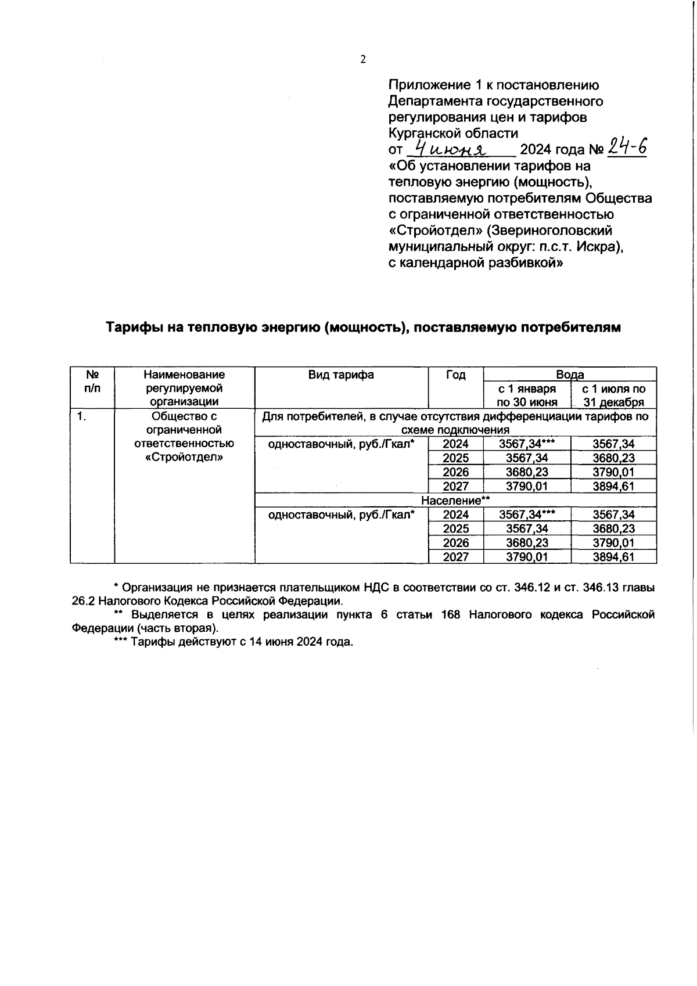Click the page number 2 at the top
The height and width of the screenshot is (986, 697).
[363, 59]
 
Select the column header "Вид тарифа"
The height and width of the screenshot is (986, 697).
[341, 375]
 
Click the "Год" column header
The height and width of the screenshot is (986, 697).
[455, 375]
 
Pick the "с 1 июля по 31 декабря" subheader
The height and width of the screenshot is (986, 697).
[613, 395]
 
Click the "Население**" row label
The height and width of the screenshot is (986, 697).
[456, 500]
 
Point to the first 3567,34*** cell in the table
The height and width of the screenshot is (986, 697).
[526, 444]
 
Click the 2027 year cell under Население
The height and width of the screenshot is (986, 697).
[455, 557]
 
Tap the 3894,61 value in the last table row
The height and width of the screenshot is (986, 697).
[613, 557]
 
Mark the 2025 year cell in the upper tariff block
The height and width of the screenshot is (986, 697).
[455, 458]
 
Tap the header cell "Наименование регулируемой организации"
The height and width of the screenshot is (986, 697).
[184, 388]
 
